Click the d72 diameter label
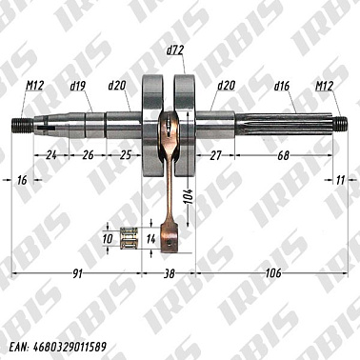click(x=175, y=49)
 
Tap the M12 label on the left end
click(x=34, y=86)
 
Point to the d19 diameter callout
click(x=78, y=86)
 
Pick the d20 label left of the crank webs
click(x=117, y=86)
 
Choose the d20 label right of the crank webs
click(x=227, y=86)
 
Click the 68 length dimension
click(x=284, y=154)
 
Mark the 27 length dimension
click(x=214, y=154)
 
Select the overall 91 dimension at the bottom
click(x=75, y=274)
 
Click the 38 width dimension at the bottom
click(x=170, y=274)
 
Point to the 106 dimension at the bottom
click(x=275, y=274)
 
